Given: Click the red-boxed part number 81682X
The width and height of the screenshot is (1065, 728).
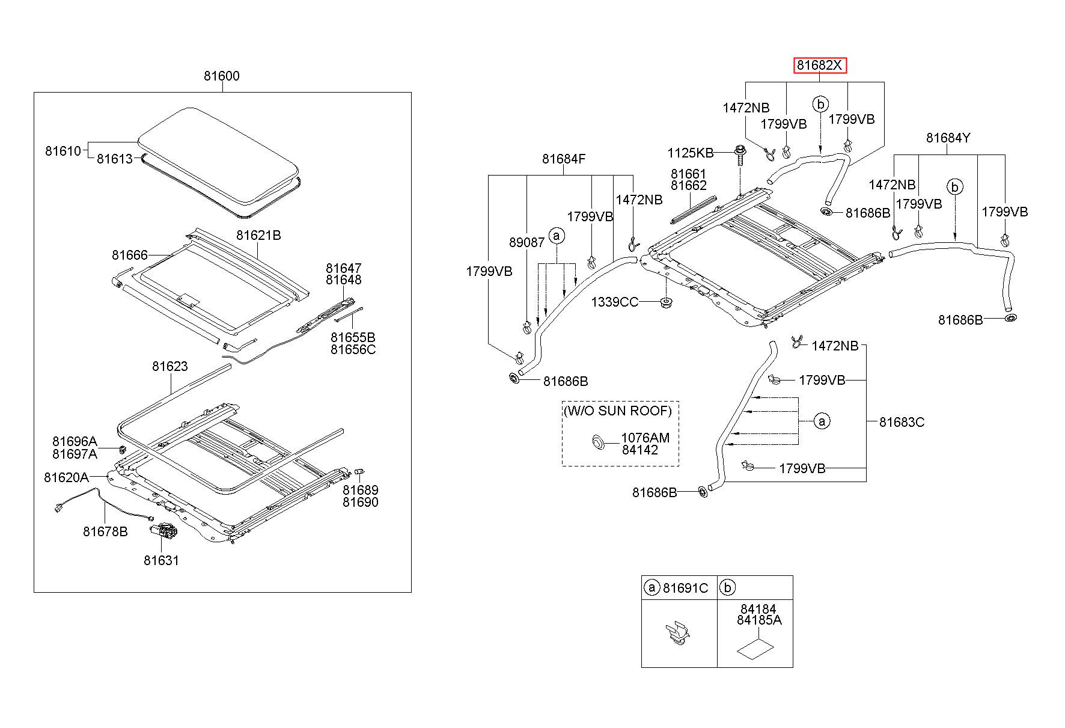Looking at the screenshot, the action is click(820, 65).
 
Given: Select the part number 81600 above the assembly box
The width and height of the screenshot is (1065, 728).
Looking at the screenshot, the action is click(221, 76).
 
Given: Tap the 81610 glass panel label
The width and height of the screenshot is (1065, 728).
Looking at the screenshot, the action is click(63, 150).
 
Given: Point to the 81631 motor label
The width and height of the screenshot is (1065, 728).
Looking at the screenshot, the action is click(161, 560).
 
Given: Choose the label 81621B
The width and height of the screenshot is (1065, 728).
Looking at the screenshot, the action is click(258, 235).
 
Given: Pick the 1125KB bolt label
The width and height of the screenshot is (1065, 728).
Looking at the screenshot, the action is click(690, 153).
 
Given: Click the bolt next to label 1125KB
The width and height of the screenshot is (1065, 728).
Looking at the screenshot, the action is click(740, 158).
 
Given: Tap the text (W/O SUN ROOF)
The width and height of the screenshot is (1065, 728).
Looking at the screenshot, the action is click(618, 411).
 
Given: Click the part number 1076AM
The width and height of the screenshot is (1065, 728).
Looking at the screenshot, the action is click(645, 438).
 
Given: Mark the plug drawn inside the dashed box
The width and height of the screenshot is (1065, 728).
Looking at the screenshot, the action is click(597, 442).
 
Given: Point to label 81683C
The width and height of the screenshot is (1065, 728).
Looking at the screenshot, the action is click(902, 422).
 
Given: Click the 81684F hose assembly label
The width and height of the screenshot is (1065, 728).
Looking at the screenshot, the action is click(564, 159).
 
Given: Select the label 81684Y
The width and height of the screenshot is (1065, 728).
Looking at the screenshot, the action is click(948, 138).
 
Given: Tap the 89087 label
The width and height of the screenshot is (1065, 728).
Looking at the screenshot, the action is click(526, 242).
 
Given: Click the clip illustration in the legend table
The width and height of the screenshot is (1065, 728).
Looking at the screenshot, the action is click(679, 636).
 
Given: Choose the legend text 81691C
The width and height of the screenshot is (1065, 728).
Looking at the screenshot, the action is click(685, 588).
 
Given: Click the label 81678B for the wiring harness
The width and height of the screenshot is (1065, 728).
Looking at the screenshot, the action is click(105, 531).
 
